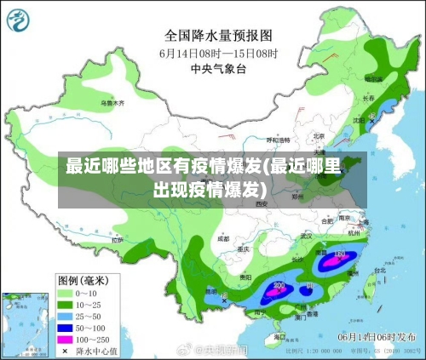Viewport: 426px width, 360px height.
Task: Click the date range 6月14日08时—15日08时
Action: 219,52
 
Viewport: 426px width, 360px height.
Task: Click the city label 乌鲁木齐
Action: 112,103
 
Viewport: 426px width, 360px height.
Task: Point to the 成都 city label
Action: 223,240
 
